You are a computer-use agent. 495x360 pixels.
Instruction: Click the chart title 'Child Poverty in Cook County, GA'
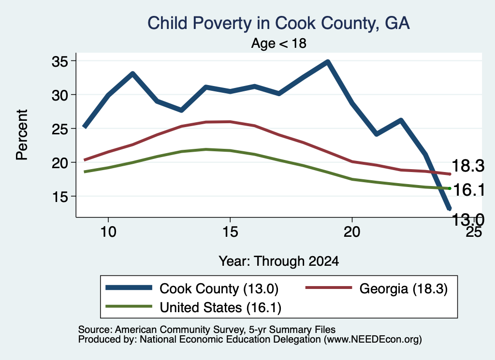[x=278, y=23]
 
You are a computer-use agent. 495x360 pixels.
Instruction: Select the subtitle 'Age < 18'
[x=279, y=43]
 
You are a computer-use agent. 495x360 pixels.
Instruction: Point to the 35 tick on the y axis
[x=60, y=61]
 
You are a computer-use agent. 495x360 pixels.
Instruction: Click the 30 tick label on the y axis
[x=60, y=95]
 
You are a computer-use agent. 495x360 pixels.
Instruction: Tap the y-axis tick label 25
[x=60, y=129]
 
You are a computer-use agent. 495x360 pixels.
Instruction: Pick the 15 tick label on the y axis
[x=60, y=197]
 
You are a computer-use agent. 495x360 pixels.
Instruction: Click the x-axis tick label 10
[x=108, y=232]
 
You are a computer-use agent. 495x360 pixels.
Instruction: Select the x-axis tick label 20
[x=352, y=232]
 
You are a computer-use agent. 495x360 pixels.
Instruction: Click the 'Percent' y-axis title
[x=22, y=135]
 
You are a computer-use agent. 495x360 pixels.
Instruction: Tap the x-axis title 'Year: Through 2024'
[x=279, y=261]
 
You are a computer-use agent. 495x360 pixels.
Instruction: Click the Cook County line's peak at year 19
[x=328, y=62]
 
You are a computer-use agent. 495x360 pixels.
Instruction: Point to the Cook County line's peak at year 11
[x=133, y=74]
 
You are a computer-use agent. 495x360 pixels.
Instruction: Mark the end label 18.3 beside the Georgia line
[x=468, y=166]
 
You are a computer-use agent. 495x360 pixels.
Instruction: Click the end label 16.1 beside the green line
[x=468, y=190]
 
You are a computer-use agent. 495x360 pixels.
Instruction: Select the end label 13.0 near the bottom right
[x=468, y=219]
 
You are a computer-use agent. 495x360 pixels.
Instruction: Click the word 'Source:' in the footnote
[x=95, y=330]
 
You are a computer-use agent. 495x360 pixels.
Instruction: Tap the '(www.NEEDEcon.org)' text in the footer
[x=373, y=340]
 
